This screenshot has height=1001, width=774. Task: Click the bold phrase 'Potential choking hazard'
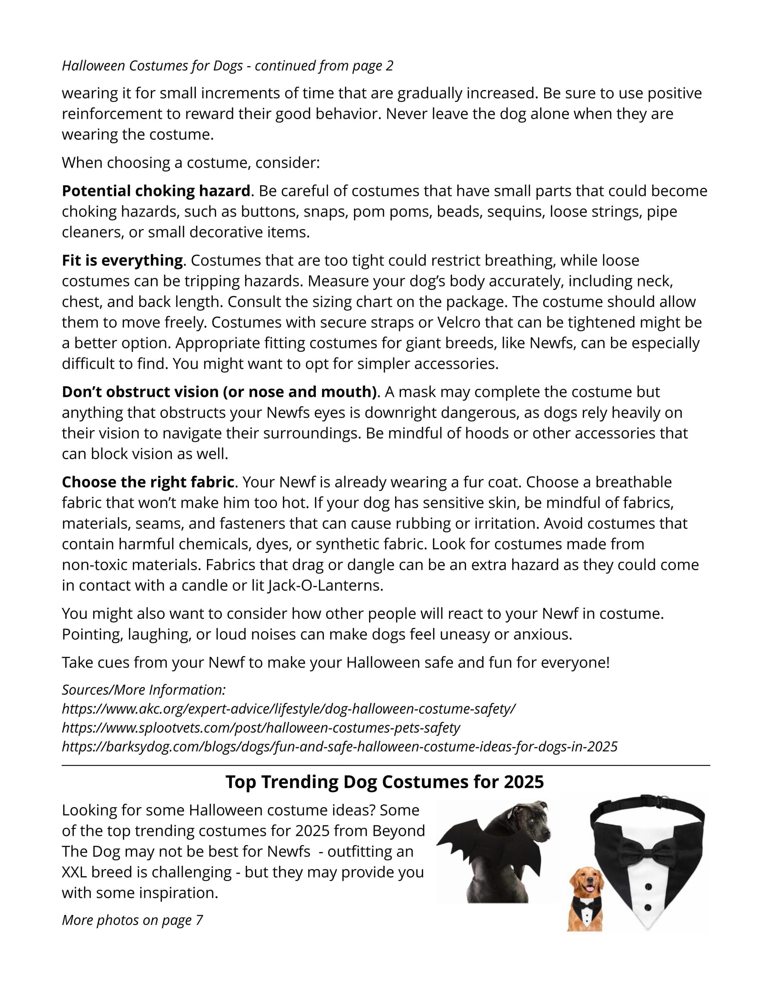(x=156, y=191)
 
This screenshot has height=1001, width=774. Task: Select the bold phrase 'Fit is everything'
(x=122, y=260)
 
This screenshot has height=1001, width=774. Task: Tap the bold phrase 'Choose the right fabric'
(x=148, y=482)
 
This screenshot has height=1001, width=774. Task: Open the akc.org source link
(x=288, y=709)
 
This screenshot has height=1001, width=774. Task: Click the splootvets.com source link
(x=261, y=728)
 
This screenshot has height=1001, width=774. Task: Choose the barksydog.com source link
(x=339, y=746)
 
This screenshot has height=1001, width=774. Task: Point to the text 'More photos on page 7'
(x=132, y=920)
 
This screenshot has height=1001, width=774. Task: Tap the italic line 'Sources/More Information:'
(x=144, y=690)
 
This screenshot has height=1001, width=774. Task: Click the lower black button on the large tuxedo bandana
(x=647, y=907)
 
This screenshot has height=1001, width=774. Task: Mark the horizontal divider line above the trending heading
(x=385, y=765)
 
